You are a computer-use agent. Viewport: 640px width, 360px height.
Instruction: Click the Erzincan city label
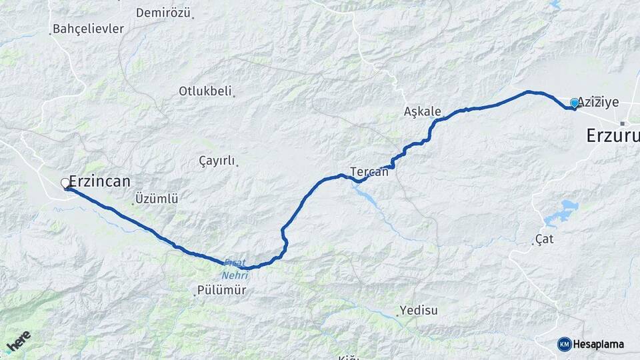100,181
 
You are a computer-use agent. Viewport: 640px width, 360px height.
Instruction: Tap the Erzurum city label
612,136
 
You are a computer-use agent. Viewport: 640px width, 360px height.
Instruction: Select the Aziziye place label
598,102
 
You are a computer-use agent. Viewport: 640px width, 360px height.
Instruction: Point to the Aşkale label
423,111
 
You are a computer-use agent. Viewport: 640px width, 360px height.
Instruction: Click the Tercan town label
369,171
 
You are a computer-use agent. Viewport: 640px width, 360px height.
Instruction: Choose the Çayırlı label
217,161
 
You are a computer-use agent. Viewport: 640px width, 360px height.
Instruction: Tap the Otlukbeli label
205,91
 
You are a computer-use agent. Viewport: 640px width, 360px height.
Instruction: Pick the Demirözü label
163,13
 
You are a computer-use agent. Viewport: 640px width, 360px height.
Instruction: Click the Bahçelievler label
88,29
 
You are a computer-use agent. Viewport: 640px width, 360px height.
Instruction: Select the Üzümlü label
157,199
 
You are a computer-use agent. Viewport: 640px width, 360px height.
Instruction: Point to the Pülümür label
221,291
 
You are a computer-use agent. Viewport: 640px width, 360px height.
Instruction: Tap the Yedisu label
419,311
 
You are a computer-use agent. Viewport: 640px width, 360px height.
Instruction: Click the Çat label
545,239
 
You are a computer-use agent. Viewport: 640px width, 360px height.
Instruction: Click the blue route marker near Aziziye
575,103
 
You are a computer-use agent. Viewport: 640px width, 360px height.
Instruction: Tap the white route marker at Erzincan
65,183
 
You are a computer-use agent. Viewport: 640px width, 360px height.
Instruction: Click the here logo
18,340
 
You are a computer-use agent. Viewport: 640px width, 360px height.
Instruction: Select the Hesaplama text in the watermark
599,344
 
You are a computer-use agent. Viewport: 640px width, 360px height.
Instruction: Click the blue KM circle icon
565,344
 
